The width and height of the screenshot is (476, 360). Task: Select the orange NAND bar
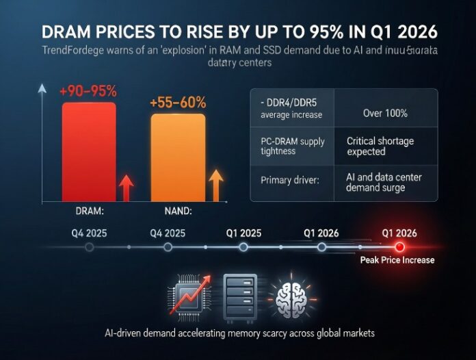pyautogui.click(x=177, y=157)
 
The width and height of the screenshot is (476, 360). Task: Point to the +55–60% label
pyautogui.click(x=178, y=102)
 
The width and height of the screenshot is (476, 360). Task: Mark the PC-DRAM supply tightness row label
pyautogui.click(x=293, y=146)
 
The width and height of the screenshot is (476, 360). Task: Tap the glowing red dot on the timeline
pyautogui.click(x=399, y=247)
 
